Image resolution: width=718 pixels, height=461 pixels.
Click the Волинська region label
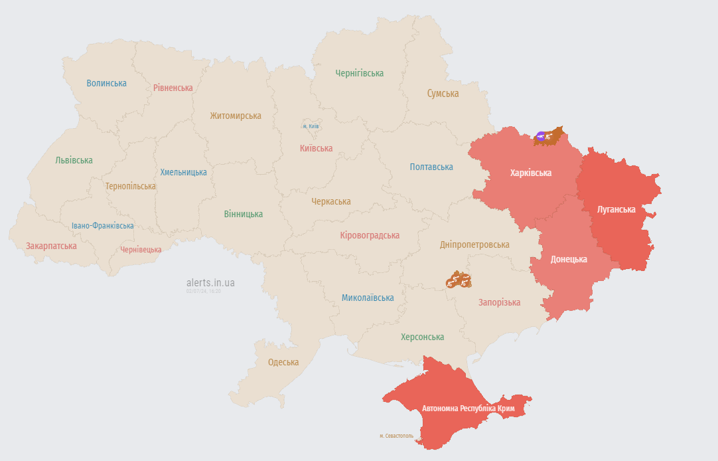coord(106,83)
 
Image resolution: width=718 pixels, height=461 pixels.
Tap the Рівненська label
coord(173,88)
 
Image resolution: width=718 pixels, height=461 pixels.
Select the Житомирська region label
coord(236,116)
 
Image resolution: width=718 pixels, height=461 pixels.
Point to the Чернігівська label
coord(359,73)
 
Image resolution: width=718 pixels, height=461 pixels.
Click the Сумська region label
coord(443,94)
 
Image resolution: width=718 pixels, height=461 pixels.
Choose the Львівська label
coord(74,160)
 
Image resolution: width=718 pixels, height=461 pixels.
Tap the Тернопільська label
coord(130,186)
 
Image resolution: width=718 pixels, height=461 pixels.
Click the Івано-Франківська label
coord(103,226)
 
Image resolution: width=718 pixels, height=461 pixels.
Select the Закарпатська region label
coord(51,246)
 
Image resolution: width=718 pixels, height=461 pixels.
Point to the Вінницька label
coord(243,214)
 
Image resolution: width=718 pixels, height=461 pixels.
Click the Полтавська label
coord(431,167)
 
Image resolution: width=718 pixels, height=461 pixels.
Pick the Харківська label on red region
coord(531,173)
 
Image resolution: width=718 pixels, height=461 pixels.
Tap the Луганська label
coord(616,209)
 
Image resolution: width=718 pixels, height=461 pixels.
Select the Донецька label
coord(569,259)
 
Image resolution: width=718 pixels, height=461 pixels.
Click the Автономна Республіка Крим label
coord(459,408)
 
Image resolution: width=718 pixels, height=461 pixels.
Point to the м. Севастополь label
coord(396,436)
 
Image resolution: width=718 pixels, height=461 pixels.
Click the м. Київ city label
coord(311,126)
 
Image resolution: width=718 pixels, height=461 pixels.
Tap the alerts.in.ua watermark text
coord(210,282)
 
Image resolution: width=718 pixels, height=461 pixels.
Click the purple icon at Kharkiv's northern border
coord(541,136)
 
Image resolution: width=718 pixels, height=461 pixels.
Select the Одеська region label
coord(283,362)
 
